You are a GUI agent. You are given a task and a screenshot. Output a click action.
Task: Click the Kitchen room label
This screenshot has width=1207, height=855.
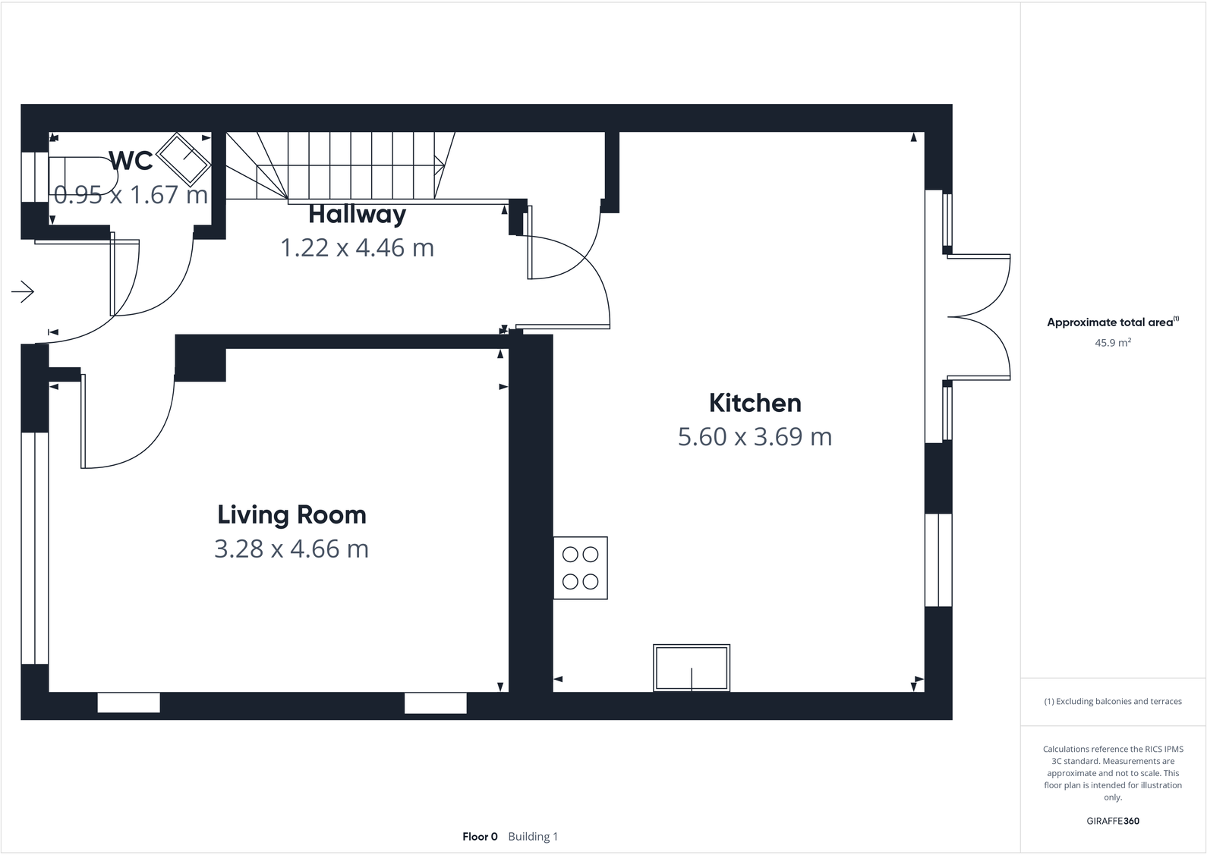pyautogui.click(x=755, y=403)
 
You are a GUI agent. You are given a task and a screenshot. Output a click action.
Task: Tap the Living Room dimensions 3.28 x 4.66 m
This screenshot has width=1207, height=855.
pyautogui.click(x=292, y=549)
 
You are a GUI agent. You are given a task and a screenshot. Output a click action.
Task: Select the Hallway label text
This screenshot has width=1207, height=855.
pyautogui.click(x=357, y=215)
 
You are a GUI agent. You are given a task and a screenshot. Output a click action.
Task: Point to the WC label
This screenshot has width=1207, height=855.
pyautogui.click(x=131, y=161)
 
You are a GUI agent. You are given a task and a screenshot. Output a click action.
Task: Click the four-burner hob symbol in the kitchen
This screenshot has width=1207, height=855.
pyautogui.click(x=580, y=567)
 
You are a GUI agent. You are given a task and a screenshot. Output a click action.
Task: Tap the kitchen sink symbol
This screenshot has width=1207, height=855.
pyautogui.click(x=691, y=668)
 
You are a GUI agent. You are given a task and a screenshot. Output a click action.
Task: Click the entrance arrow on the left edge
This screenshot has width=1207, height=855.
pyautogui.click(x=23, y=291)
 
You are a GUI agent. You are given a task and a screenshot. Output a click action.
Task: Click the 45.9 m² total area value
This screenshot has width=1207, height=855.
pyautogui.click(x=1112, y=343)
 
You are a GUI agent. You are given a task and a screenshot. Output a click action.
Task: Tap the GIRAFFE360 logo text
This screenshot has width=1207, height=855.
pyautogui.click(x=1112, y=821)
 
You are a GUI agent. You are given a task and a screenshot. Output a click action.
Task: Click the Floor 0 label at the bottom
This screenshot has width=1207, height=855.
pyautogui.click(x=480, y=837)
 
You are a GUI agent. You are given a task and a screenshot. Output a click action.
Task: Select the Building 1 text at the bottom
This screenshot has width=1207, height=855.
pyautogui.click(x=533, y=837)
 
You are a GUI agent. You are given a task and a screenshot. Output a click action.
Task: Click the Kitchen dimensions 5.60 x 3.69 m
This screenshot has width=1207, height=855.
pyautogui.click(x=755, y=437)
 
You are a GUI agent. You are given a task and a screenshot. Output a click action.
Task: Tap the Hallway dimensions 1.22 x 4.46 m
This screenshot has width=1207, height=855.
pyautogui.click(x=357, y=248)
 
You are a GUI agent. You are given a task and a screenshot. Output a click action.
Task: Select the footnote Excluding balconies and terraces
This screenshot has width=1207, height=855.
pyautogui.click(x=1112, y=702)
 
